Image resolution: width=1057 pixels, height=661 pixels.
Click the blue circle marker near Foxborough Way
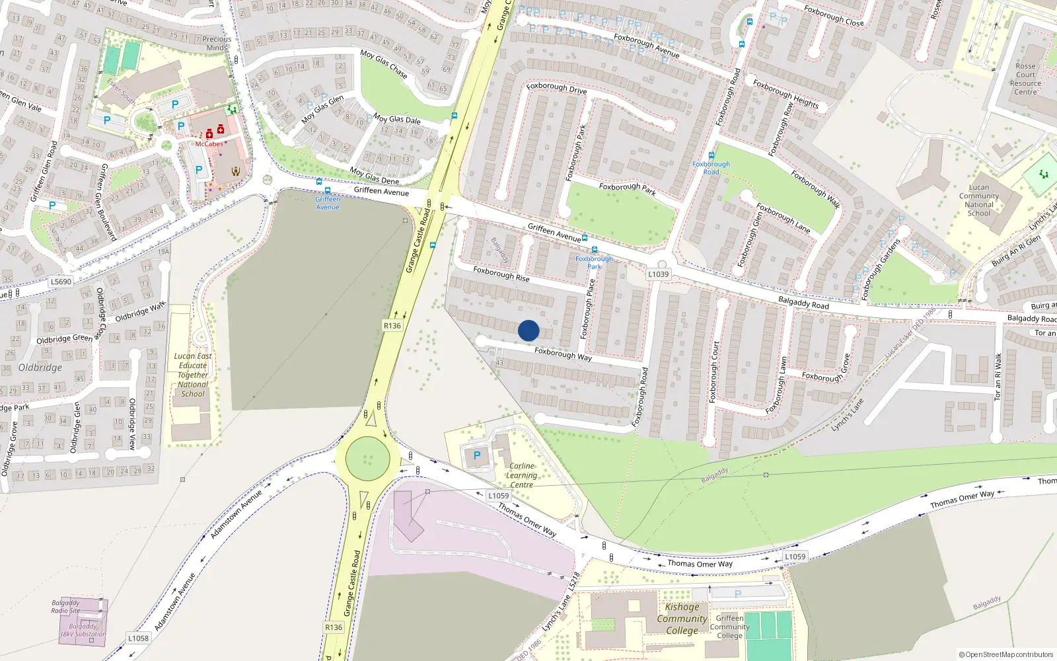528,330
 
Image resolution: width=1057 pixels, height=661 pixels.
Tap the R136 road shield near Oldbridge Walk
392,325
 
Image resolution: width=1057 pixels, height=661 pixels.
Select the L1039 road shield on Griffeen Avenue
658,274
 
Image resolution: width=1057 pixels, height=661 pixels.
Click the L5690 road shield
61,282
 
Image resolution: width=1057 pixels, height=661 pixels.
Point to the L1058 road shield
138,638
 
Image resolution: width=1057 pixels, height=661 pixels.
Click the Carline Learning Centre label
521,475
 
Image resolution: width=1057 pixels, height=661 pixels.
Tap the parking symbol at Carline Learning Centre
477,455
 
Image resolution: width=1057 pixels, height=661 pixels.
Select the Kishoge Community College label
682,619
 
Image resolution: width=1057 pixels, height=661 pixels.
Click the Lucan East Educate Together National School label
193,375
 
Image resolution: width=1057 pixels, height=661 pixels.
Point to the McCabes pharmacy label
209,144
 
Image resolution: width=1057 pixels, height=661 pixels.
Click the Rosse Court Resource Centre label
1025,79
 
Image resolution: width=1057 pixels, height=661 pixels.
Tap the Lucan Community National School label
979,200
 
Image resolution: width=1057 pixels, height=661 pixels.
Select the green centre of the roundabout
368,458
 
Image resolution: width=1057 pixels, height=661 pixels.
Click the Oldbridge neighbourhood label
40,368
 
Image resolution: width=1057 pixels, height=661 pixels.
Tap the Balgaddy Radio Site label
65,607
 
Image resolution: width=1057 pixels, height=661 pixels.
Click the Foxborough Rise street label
501,274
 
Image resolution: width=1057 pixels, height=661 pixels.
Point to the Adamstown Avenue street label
236,514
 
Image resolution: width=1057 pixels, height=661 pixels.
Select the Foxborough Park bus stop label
594,262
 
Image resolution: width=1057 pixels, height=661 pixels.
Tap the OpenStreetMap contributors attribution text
1006,654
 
